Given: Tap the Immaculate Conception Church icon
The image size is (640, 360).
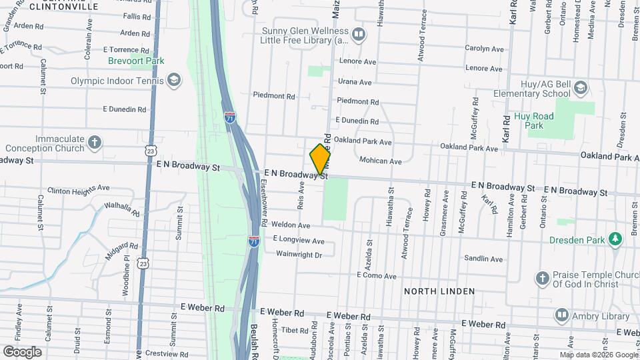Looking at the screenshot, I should pos(95,142).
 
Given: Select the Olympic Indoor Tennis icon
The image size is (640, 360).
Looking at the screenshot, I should pos(174,81).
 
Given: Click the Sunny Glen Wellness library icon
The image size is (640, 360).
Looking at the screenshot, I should pos(359,35).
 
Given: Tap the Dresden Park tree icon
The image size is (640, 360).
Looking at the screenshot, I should pos(614,240).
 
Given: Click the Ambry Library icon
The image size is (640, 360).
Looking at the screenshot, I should pos(562,314).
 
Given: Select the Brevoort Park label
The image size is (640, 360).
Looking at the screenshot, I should pos(136,61).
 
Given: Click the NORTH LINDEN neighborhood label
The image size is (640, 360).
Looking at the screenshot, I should pos(439,291).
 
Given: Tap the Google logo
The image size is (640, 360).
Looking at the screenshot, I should pos(22,351).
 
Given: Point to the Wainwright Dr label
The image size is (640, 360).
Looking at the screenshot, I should pos(299,254).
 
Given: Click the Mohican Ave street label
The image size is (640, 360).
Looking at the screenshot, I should pos(380,161).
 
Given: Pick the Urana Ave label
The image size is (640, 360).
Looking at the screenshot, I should pos(355,83).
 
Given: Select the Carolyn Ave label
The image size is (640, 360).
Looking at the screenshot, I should pos(485,49).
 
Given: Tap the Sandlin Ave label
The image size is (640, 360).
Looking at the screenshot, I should pos(483,258).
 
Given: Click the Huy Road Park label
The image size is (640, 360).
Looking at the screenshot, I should pos(534,120).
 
